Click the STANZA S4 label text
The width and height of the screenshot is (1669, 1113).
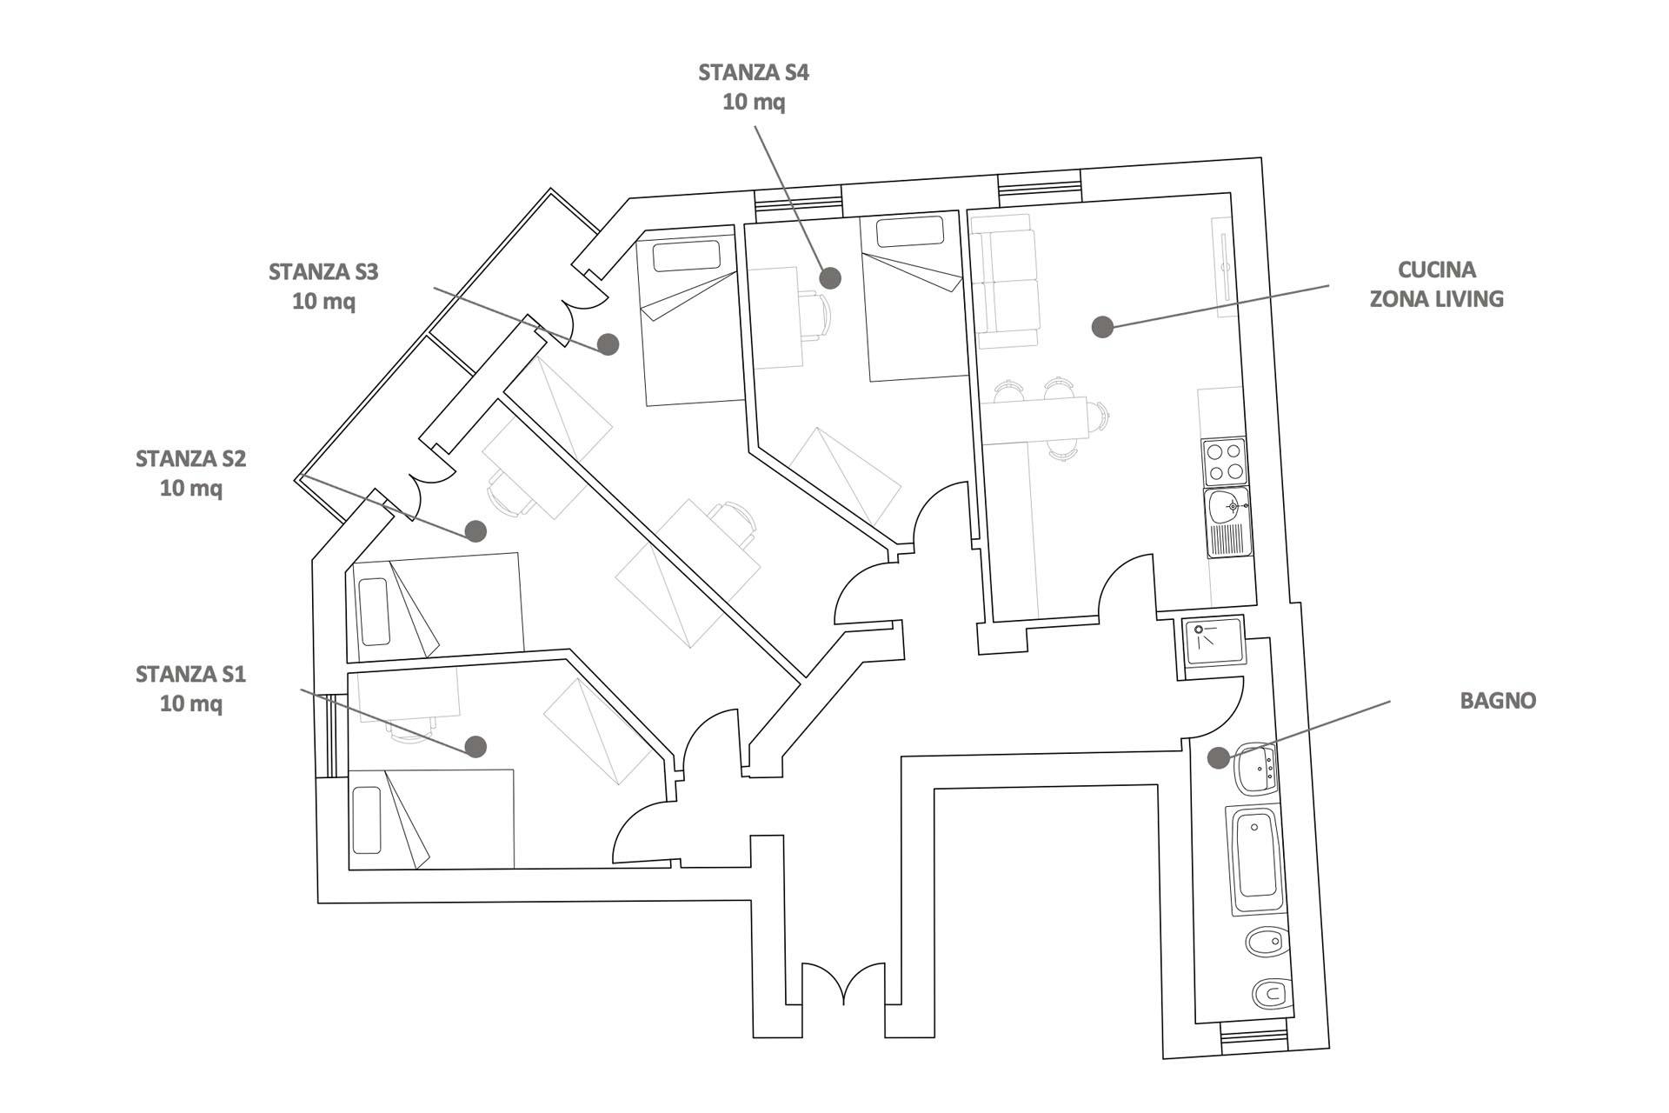[754, 72]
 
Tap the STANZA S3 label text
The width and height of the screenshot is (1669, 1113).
[323, 271]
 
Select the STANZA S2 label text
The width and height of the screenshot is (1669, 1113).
[190, 458]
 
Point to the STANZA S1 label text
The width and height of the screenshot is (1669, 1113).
[190, 674]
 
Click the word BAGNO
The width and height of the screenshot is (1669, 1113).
[1498, 700]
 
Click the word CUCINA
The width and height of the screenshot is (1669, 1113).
[1437, 270]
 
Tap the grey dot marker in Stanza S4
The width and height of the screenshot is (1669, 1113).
[831, 278]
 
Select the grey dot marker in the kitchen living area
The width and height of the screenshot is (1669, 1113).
[1103, 327]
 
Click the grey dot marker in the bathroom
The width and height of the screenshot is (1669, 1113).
[1219, 757]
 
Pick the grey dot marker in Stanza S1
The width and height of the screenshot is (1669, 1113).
[475, 746]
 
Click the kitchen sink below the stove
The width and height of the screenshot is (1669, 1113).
[1227, 522]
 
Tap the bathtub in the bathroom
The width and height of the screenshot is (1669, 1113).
[1256, 859]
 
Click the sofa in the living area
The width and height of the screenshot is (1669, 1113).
[1005, 281]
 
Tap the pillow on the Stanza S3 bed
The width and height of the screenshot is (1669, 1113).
[687, 256]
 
